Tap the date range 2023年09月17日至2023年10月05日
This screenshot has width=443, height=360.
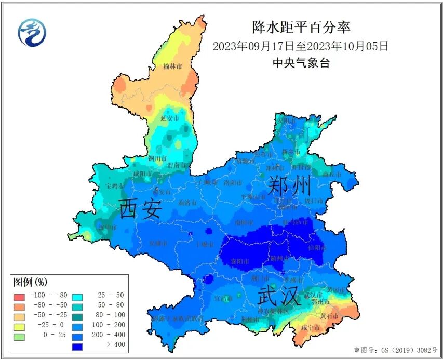pos(301,46)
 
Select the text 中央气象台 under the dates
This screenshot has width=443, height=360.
pos(301,63)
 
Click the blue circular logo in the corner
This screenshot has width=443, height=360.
pos(32,32)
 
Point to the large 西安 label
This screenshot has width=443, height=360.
pos(141,209)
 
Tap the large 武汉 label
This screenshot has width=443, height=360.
pos(279,297)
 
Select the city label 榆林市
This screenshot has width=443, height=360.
pos(172,66)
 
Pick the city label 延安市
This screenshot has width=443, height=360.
pos(169,118)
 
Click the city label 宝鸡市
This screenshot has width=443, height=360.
pos(115,185)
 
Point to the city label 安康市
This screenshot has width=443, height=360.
pos(158,243)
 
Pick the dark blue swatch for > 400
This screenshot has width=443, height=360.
pos(77,344)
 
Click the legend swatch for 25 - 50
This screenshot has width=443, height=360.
pos(77,296)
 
